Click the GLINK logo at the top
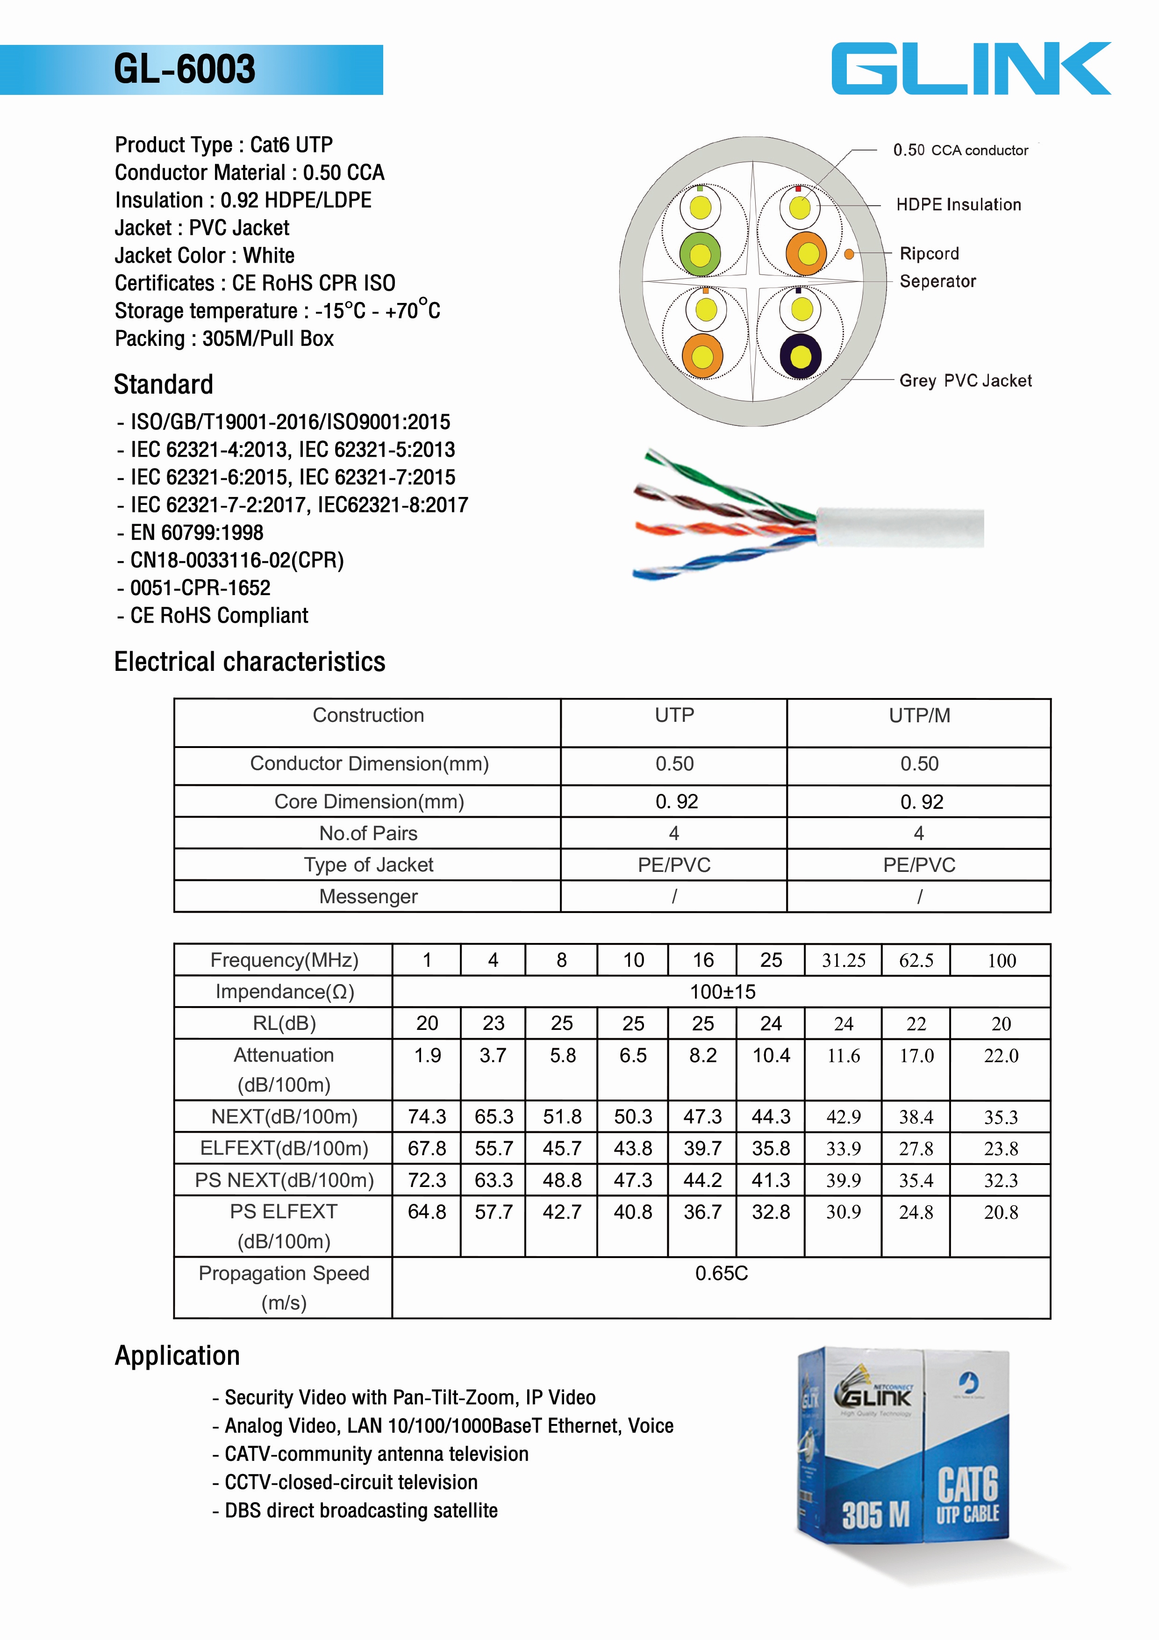pyautogui.click(x=971, y=69)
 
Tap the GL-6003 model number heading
pyautogui.click(x=184, y=69)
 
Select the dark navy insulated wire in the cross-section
pyautogui.click(x=801, y=356)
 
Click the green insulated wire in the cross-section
pyautogui.click(x=700, y=254)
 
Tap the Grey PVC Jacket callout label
pyautogui.click(x=965, y=381)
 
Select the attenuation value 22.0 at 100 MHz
pyautogui.click(x=1001, y=1056)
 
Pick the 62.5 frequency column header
pyautogui.click(x=916, y=961)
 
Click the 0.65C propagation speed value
pyautogui.click(x=721, y=1273)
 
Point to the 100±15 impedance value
pyautogui.click(x=722, y=992)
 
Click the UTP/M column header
pyautogui.click(x=919, y=716)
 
